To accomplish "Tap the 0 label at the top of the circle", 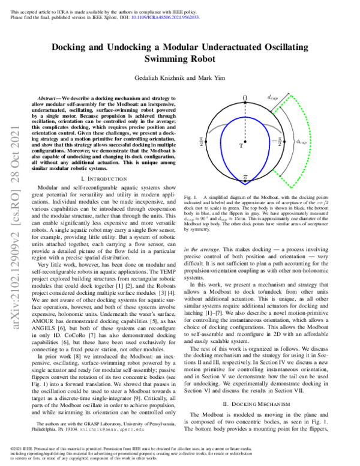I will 244,98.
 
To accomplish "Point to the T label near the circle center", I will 241,146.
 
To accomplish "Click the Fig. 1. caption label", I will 193,197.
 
